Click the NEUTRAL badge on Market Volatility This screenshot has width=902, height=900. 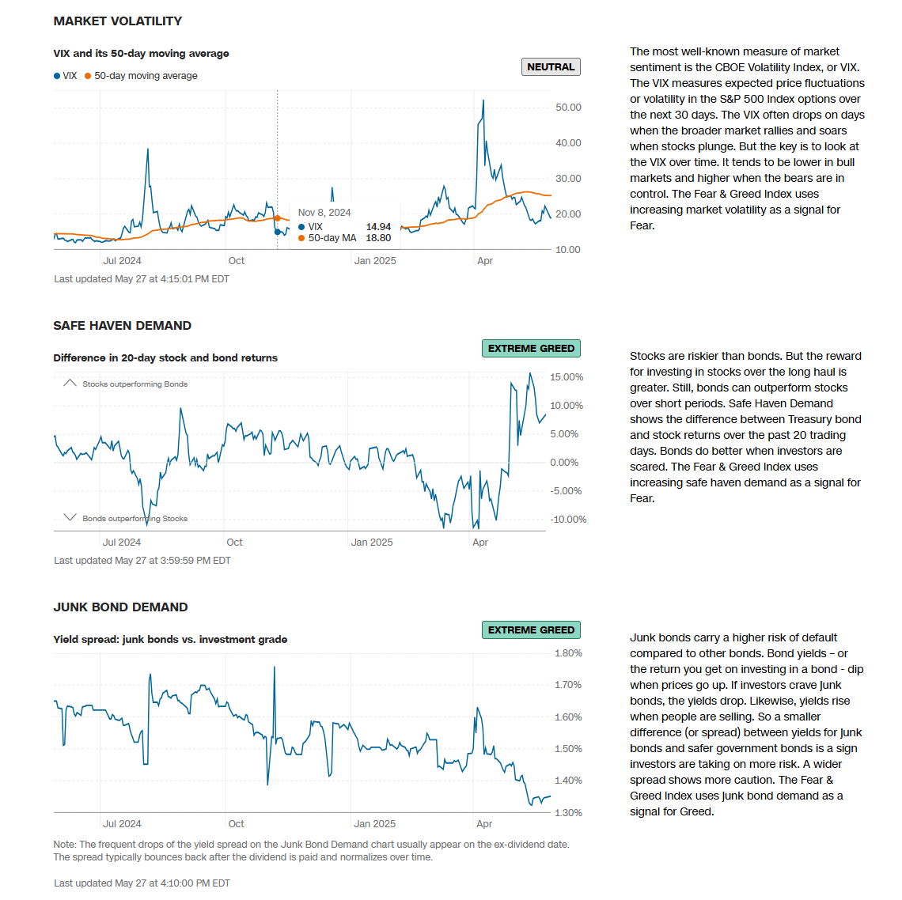pyautogui.click(x=551, y=67)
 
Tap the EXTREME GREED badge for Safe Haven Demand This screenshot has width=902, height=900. pyautogui.click(x=531, y=349)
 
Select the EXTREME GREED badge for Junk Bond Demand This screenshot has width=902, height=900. pyautogui.click(x=531, y=630)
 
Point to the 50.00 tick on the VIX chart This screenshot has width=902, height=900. pyautogui.click(x=568, y=108)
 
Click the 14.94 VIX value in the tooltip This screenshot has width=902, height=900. pyautogui.click(x=378, y=227)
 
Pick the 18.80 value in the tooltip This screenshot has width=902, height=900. pyautogui.click(x=378, y=238)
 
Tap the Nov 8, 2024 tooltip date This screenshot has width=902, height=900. pyautogui.click(x=324, y=213)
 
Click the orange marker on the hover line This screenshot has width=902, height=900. pyautogui.click(x=278, y=218)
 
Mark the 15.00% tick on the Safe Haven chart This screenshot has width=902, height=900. pyautogui.click(x=567, y=377)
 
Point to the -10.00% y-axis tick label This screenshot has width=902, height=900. pyautogui.click(x=568, y=520)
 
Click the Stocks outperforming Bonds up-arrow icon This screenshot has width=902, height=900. pyautogui.click(x=70, y=384)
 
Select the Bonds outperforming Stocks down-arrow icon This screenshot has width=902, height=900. pyautogui.click(x=70, y=518)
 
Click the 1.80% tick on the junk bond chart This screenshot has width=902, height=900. pyautogui.click(x=568, y=653)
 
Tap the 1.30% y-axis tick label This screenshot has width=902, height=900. pyautogui.click(x=568, y=813)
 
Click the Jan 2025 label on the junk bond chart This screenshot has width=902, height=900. pyautogui.click(x=374, y=824)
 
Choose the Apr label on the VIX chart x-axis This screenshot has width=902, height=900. pyautogui.click(x=485, y=261)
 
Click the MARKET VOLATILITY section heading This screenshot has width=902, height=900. pyautogui.click(x=118, y=21)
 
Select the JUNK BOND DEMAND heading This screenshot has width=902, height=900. pyautogui.click(x=120, y=607)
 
